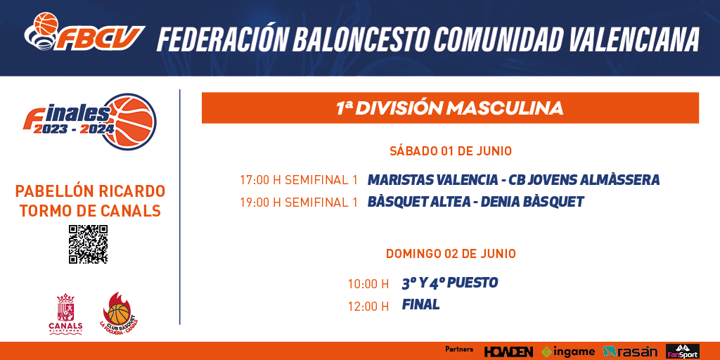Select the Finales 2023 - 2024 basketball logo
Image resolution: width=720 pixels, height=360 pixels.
[90, 121]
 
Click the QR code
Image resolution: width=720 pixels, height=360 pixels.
[88, 244]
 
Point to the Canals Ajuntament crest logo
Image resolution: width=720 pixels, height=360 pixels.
[65, 314]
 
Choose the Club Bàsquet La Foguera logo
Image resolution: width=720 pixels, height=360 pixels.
[119, 313]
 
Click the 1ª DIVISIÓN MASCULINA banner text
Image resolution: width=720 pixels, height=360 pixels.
[449, 108]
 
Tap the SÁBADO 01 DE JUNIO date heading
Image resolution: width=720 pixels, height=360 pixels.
[451, 151]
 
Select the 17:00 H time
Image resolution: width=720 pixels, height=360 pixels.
[260, 180]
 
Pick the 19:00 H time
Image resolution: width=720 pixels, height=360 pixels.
[260, 202]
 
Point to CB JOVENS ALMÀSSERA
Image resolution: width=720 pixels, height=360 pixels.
[584, 179]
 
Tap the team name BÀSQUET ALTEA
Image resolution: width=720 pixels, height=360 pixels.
[418, 202]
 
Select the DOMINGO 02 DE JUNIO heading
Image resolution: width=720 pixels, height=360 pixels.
[451, 253]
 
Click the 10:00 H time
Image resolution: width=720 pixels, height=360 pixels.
[368, 284]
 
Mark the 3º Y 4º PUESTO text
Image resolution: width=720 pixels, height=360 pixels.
[449, 283]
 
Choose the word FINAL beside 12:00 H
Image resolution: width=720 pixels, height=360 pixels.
[420, 304]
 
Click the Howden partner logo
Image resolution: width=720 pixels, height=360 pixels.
[508, 352]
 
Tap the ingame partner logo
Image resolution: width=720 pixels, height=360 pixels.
[568, 352]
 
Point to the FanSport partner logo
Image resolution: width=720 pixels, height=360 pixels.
[682, 352]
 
